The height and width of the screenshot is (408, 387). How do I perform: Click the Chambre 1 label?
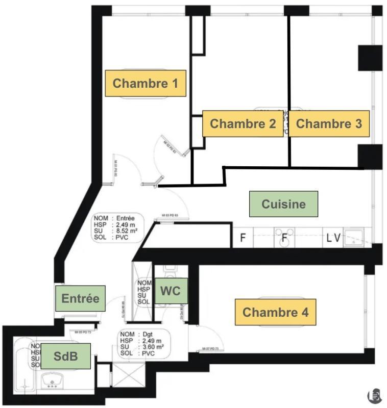point(145,83)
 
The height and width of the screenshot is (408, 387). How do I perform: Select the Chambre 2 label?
point(243,123)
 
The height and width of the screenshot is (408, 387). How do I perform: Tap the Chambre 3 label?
point(329,123)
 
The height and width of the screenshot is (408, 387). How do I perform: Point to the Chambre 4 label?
point(275,312)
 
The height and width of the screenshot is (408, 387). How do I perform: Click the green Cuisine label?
point(283,204)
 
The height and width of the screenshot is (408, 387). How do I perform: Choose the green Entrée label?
point(80,298)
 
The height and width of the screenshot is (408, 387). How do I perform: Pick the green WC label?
point(171,291)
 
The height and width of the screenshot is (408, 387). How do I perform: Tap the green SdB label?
point(65,356)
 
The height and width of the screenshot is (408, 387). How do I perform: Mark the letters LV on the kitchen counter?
point(334,238)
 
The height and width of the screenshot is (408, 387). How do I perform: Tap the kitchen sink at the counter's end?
point(357,238)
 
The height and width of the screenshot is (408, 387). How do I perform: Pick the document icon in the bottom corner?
point(374,395)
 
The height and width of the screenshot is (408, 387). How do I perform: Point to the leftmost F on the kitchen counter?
point(243,238)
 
